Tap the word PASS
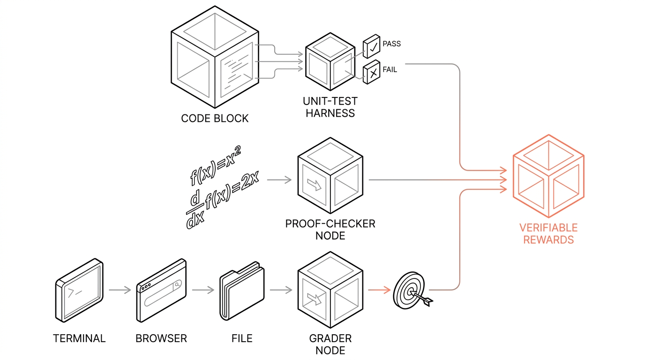(391, 44)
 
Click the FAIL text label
(390, 70)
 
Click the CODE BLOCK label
(215, 118)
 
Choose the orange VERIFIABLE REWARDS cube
(548, 176)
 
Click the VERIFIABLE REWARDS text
(548, 233)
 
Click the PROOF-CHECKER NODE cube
(330, 180)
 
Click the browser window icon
(161, 291)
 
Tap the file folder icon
(242, 291)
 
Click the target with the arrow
(410, 291)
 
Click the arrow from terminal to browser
(120, 290)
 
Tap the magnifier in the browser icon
(177, 284)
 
